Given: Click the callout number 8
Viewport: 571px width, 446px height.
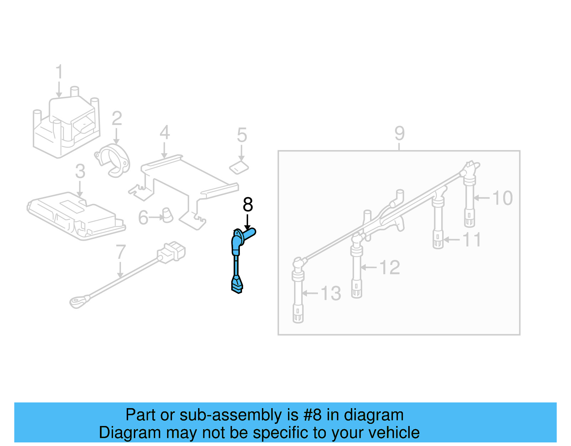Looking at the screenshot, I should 248,205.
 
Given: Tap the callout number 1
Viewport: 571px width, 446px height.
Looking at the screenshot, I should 59,72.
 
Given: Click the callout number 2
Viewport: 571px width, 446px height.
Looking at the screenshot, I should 117,119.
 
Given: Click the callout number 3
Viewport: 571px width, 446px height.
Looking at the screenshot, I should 80,171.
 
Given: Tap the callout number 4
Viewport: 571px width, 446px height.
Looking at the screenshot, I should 164,132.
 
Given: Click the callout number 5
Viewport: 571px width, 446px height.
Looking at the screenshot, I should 242,135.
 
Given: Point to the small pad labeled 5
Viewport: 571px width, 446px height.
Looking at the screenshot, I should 239,167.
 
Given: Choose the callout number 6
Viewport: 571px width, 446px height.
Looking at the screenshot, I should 143,217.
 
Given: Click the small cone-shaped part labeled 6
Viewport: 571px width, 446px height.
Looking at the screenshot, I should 167,215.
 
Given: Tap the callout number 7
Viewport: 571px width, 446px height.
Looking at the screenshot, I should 121,252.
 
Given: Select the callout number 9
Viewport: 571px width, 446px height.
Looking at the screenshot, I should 399,134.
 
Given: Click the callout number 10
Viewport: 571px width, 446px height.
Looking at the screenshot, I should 502,198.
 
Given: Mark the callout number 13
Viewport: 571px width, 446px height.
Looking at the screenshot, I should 331,294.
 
